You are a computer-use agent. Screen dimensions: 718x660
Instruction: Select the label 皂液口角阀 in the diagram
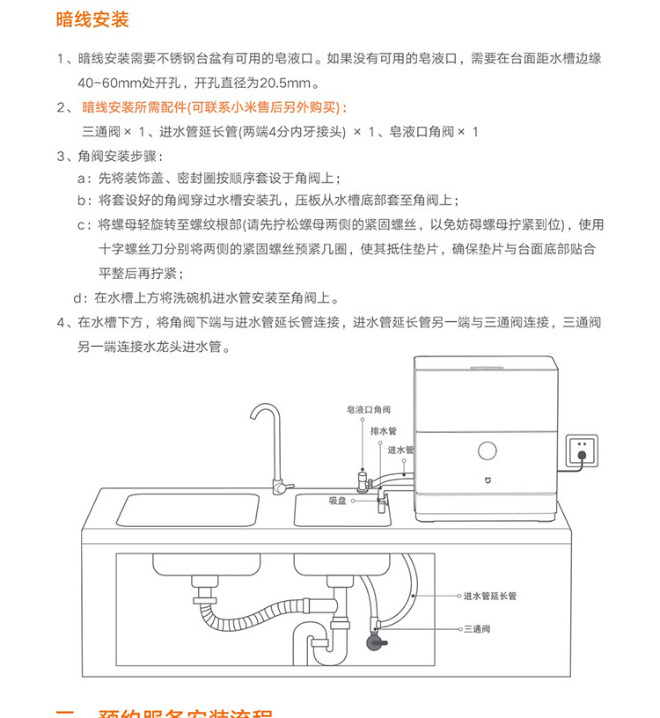point(369,410)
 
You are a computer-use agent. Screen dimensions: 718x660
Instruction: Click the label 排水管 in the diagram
point(384,431)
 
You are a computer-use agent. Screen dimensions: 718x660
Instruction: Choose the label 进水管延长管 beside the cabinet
point(490,596)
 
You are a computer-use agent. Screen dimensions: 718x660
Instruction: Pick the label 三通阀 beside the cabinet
point(476,629)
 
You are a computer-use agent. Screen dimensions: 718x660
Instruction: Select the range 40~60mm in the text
point(105,84)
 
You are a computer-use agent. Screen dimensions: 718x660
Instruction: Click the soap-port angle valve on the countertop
point(361,480)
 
